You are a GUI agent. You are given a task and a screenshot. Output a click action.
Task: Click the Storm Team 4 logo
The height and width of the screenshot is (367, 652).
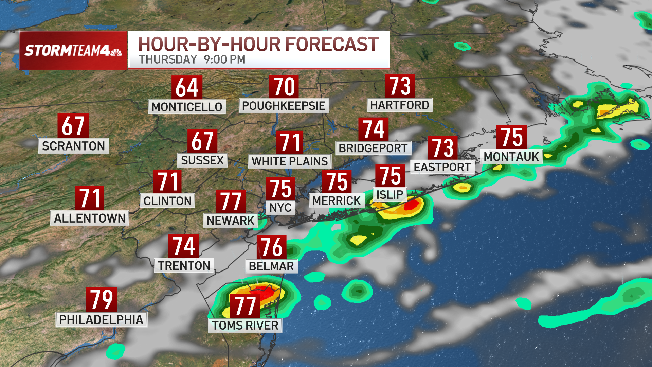(x=73, y=51)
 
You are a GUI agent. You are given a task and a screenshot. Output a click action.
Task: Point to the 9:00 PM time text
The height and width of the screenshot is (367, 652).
(x=224, y=59)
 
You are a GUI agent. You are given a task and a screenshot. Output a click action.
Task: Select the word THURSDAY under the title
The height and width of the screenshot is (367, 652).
(x=168, y=59)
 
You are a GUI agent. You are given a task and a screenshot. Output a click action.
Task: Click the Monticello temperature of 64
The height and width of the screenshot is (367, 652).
(x=187, y=87)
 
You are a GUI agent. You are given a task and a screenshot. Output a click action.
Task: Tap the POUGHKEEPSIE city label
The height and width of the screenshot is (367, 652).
(x=284, y=106)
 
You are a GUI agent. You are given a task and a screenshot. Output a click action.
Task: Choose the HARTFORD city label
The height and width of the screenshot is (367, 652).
(x=399, y=105)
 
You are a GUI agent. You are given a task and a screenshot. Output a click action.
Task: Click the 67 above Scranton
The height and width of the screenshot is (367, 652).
(x=73, y=126)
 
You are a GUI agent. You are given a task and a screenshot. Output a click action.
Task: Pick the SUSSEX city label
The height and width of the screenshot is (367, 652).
(x=202, y=160)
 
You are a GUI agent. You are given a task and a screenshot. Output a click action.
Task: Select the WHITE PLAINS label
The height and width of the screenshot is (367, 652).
(x=290, y=161)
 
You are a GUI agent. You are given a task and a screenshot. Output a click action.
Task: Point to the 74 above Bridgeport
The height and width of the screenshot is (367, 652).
(x=374, y=129)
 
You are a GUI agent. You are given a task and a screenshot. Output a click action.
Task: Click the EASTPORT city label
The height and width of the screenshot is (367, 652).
(x=442, y=167)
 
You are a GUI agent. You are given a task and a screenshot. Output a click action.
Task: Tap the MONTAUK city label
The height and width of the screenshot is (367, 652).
(x=511, y=157)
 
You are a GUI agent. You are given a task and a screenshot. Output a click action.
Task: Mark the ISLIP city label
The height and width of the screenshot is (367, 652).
(x=390, y=195)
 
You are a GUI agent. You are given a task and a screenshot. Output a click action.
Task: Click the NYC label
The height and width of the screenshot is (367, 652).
(x=280, y=207)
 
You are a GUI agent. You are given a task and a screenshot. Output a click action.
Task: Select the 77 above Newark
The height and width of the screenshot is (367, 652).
(x=231, y=202)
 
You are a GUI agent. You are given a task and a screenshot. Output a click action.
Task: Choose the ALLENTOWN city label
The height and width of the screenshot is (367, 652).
(x=90, y=218)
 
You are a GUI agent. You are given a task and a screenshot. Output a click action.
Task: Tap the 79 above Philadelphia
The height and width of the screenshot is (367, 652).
(x=101, y=299)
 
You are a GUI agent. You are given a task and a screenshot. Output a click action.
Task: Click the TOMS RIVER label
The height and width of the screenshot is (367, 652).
(x=245, y=325)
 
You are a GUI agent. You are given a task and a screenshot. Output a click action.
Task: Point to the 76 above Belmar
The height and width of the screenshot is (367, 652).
(x=272, y=247)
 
